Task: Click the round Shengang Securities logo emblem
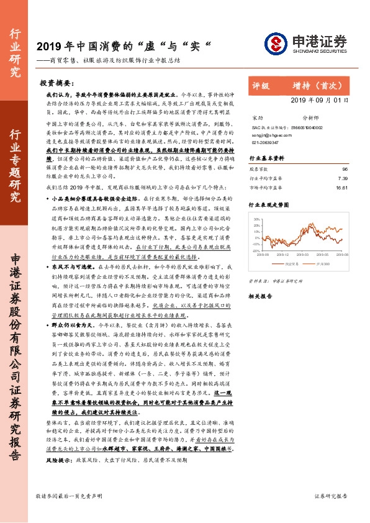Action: (275, 43)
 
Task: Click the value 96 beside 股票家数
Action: (345, 168)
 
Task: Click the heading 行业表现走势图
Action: (269, 203)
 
